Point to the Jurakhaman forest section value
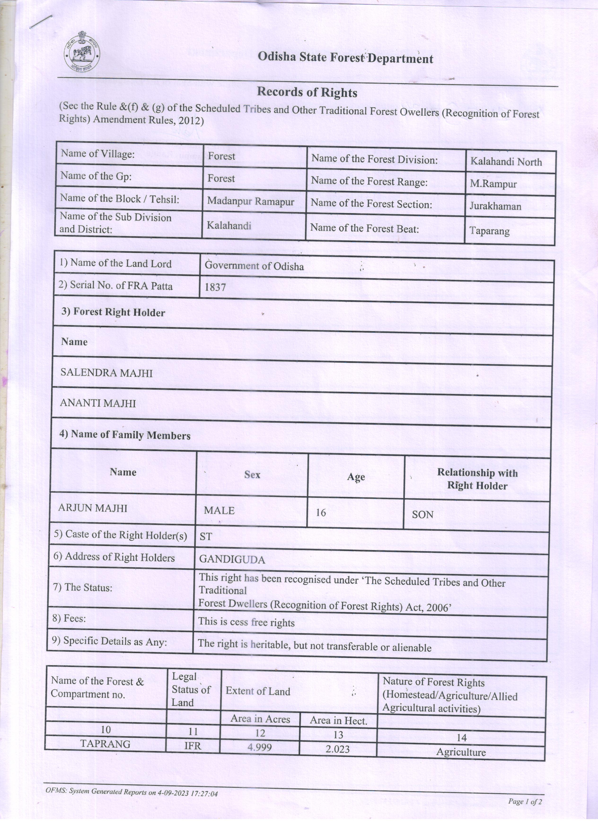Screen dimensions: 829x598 click(495, 206)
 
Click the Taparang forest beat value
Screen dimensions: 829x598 click(489, 231)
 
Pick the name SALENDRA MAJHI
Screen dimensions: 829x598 click(106, 373)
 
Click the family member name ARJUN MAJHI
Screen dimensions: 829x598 click(93, 508)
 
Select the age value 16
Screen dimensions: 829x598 click(321, 512)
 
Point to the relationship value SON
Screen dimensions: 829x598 click(422, 515)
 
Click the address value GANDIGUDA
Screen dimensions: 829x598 click(232, 559)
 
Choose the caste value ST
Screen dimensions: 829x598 click(206, 537)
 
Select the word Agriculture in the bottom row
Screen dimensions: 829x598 click(461, 752)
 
